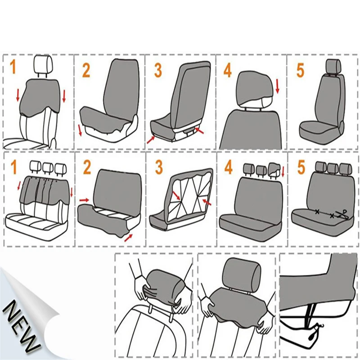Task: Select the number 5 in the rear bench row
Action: (x=301, y=167)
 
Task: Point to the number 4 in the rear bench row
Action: (x=229, y=167)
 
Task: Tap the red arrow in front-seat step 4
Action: (x=277, y=86)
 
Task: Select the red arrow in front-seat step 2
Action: (x=80, y=131)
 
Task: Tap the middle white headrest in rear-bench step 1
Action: (x=47, y=167)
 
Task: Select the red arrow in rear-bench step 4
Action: (x=283, y=171)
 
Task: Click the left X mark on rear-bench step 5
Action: (x=317, y=211)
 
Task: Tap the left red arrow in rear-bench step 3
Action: (x=177, y=196)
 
